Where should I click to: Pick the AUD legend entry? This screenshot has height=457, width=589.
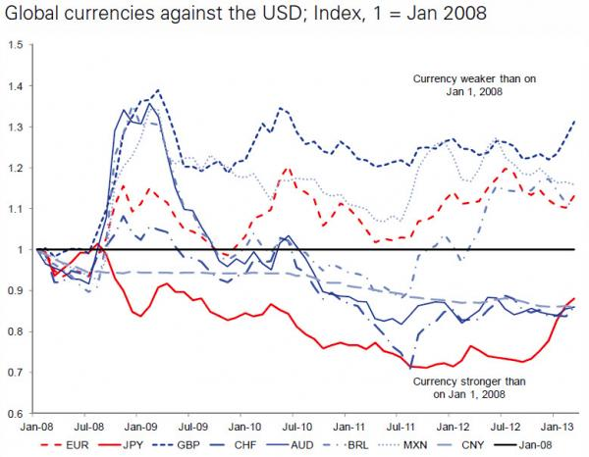click(x=320, y=443)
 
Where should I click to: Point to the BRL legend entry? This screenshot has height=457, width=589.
click(x=381, y=443)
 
